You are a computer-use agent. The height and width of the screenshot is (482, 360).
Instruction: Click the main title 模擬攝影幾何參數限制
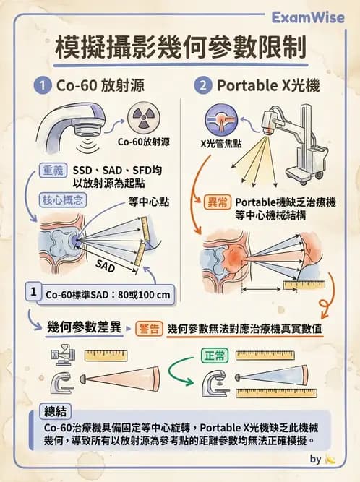(x=180, y=48)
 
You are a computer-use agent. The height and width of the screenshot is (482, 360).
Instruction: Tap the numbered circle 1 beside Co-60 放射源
(x=45, y=85)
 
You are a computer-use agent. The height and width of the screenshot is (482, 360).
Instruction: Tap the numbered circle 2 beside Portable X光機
(x=203, y=85)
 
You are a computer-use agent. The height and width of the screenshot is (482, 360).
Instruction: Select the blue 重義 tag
(x=51, y=171)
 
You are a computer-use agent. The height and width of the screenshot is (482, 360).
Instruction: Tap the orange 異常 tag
(x=218, y=203)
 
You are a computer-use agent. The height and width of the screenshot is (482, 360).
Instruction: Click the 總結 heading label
(x=56, y=411)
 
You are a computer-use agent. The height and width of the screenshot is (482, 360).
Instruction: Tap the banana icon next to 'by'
(x=330, y=459)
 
